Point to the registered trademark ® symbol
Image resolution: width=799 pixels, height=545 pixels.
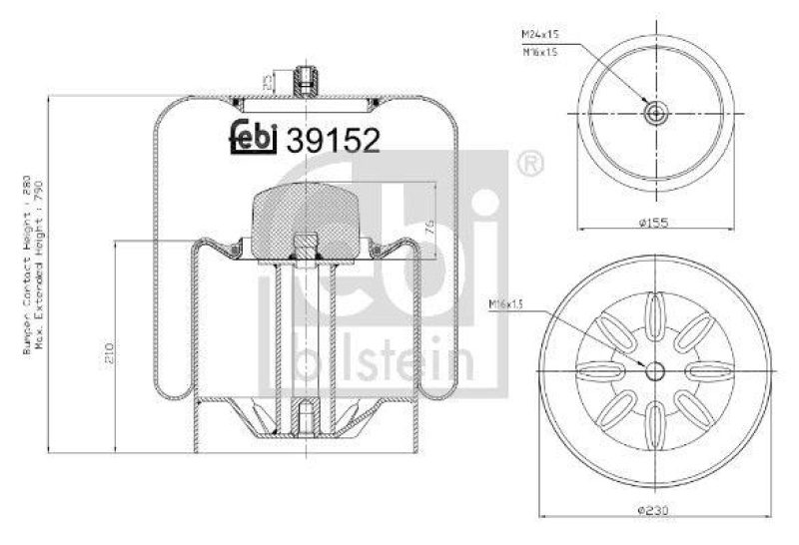pos(529,162)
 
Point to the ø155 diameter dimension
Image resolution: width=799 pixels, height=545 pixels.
pos(654,224)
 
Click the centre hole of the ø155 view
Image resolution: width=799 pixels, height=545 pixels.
pos(654,113)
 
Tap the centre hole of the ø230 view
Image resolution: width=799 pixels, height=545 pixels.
pos(655,371)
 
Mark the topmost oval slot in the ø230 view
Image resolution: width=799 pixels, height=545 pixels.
pos(655,309)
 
